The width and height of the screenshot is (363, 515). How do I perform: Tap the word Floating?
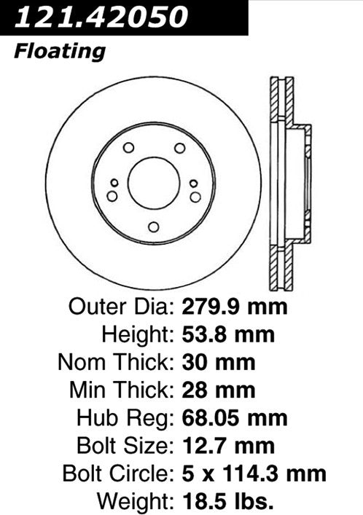[x=59, y=52]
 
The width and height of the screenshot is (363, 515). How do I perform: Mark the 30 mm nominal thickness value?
[x=217, y=362]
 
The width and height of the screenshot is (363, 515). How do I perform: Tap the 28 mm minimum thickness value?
[x=217, y=390]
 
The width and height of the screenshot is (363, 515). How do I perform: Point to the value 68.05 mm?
[x=234, y=418]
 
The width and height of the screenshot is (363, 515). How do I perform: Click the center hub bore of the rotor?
[x=153, y=182]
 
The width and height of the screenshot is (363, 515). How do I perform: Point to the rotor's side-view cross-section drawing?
[x=289, y=182]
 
